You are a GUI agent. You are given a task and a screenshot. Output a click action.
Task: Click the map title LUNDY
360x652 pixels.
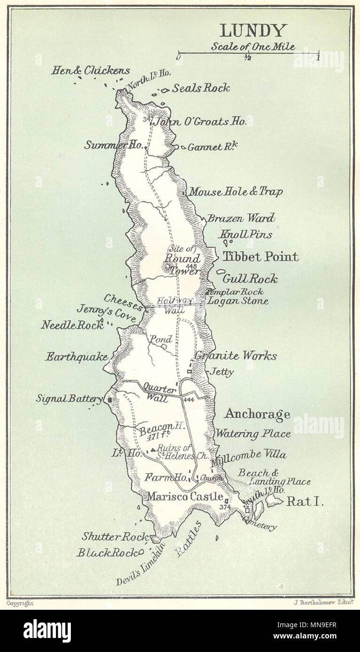[x=253, y=31]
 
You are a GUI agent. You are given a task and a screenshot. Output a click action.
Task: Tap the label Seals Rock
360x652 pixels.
[x=201, y=88]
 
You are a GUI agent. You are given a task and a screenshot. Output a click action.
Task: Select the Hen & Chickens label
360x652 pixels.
[x=90, y=71]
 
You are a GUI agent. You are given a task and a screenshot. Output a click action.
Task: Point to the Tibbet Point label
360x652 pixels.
[x=260, y=257]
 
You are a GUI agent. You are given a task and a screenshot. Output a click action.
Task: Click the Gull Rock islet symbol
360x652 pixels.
[x=221, y=272]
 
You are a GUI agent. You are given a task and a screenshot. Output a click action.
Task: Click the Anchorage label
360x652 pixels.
[x=257, y=414]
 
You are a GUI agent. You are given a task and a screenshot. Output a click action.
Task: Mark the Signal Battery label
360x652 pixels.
[x=69, y=399]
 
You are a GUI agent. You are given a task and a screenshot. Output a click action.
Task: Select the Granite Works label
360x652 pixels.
[x=236, y=356]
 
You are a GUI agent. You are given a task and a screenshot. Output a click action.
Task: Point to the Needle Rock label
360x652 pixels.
[x=72, y=325]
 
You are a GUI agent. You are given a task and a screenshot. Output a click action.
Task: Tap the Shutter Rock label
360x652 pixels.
[x=115, y=536]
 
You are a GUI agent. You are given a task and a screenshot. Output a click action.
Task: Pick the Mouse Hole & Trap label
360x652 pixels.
[x=236, y=192]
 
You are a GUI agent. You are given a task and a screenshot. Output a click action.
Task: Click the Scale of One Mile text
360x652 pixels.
[x=253, y=46]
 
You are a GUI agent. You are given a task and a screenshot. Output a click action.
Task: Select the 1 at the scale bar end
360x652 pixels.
[x=318, y=58]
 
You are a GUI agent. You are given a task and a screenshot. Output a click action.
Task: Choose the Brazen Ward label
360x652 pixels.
[x=241, y=218]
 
